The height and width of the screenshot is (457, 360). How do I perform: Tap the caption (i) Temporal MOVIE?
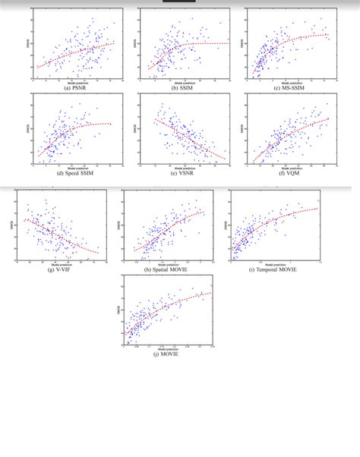(x=274, y=269)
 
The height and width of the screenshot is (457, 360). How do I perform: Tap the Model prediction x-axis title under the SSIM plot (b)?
(x=183, y=82)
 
